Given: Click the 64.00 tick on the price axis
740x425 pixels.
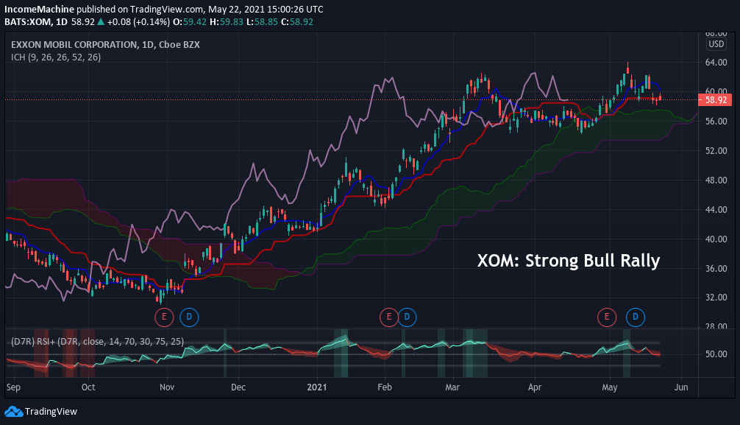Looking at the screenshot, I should pos(716,63).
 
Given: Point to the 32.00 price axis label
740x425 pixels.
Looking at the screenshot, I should pos(716,298).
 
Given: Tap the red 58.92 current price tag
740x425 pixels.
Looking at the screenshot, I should pos(716,99).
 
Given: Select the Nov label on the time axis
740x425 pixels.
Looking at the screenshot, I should pos(166,386).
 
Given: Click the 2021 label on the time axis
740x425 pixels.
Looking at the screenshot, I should pos(316,386).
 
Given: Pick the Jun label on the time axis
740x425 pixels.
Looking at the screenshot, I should pos(681,386).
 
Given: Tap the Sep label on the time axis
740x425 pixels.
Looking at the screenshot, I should pos(13,386).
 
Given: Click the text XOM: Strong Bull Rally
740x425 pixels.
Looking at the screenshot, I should pos(569,261).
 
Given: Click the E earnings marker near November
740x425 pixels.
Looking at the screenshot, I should pos(163,317).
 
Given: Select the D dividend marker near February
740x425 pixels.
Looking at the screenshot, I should pos(407,317).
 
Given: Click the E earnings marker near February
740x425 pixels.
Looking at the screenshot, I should pos(387,317).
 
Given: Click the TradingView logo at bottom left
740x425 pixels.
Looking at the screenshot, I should pos(41,412).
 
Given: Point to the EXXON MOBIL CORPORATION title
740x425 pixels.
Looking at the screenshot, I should pos(72,45).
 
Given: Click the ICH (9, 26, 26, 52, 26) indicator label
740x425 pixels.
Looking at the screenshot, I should pos(55,57).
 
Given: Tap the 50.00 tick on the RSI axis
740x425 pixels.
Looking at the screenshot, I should pos(716,354).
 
